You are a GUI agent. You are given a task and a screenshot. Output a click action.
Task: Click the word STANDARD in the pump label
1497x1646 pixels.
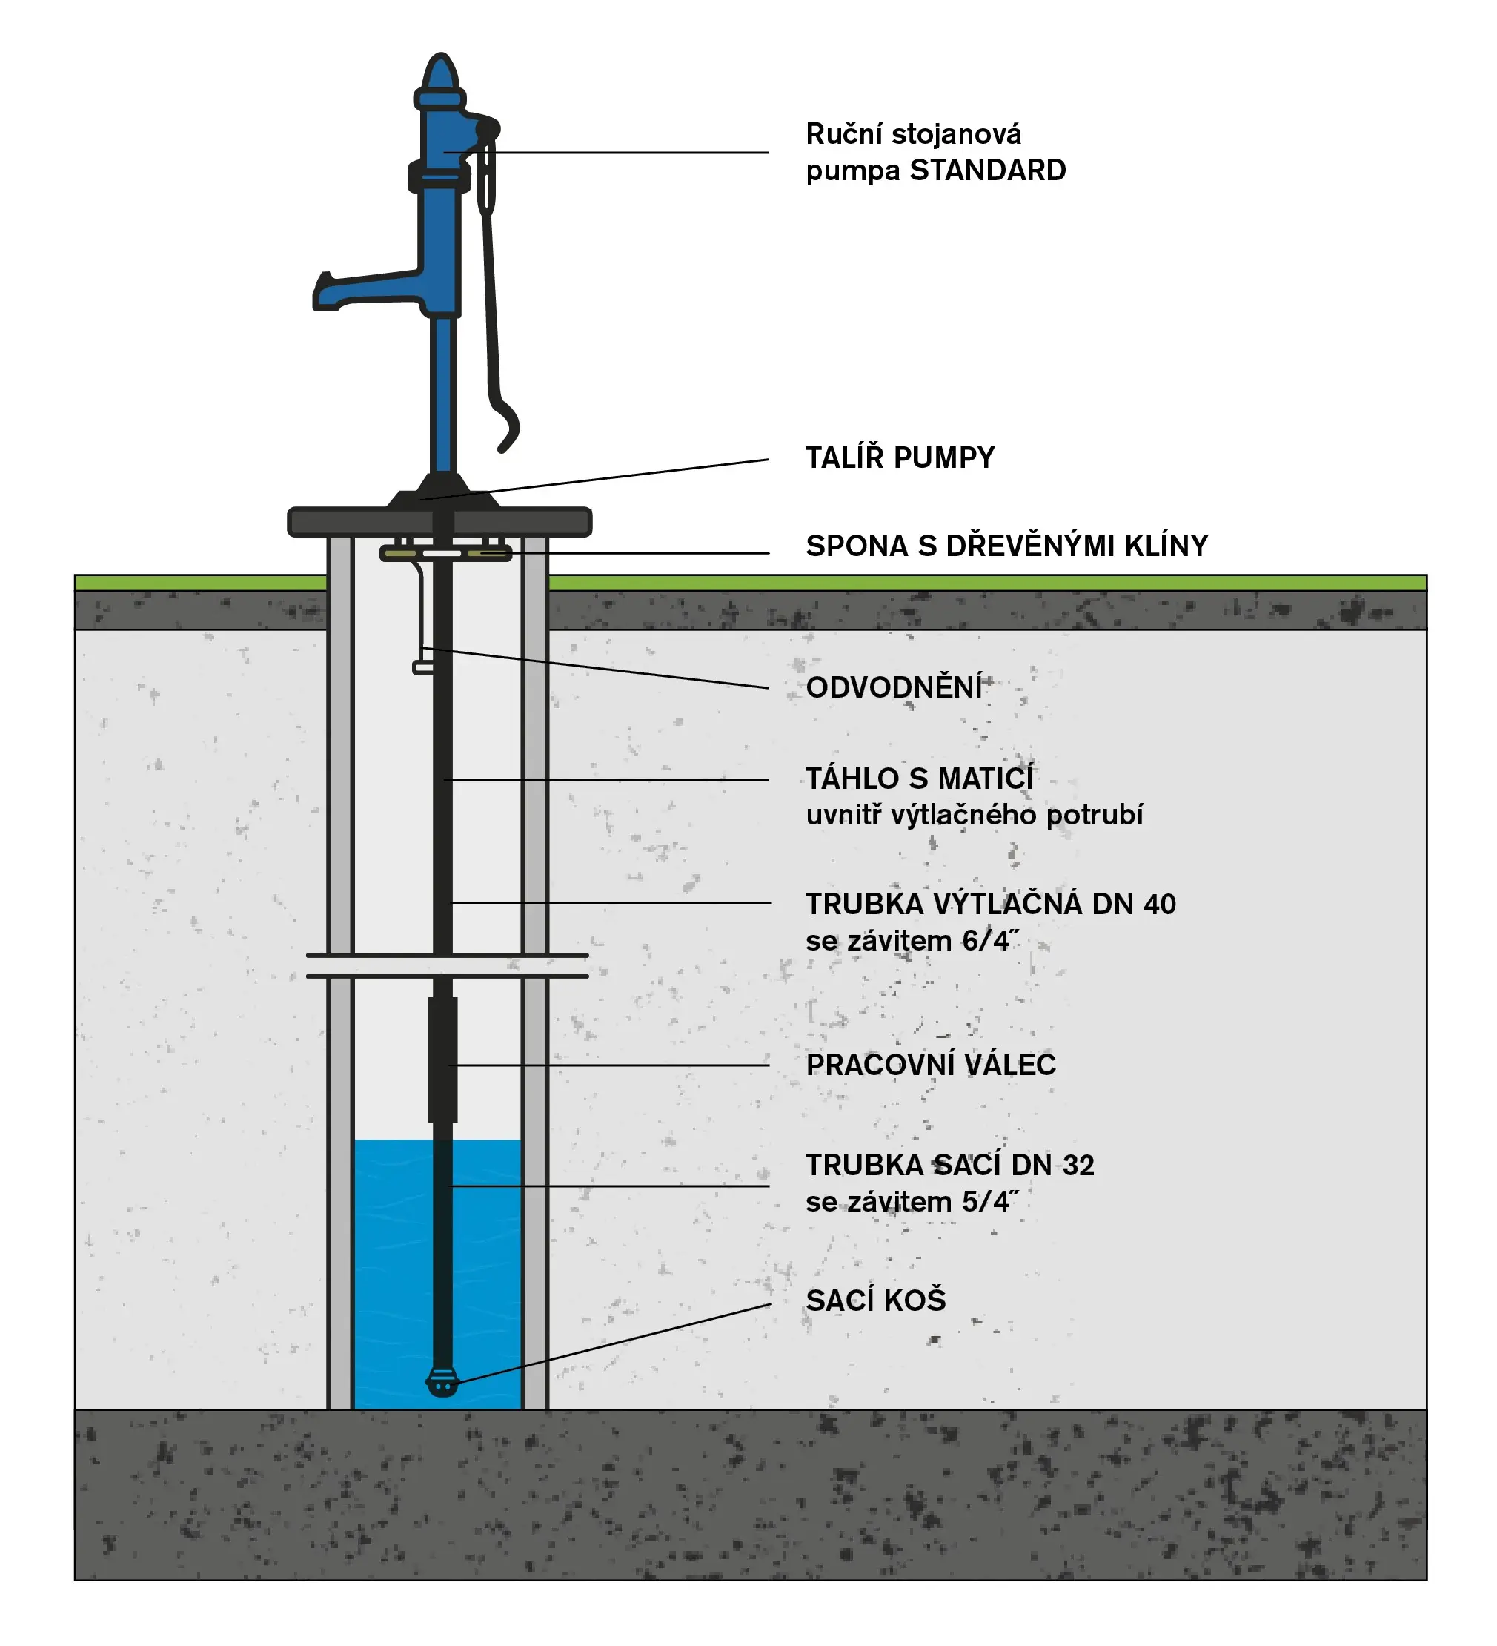(x=987, y=171)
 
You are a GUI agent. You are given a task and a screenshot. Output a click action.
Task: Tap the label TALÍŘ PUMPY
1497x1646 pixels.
(x=900, y=458)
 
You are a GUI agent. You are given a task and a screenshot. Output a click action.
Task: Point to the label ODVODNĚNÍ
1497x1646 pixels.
(x=894, y=688)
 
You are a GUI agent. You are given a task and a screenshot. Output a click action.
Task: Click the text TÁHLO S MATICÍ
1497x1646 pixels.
(x=919, y=779)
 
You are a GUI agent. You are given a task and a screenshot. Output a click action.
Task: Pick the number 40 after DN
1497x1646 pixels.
(x=1159, y=905)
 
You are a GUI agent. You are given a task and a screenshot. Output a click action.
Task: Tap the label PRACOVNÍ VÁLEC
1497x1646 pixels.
(x=931, y=1065)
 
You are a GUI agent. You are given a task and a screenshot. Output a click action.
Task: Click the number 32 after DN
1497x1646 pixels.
(x=1078, y=1166)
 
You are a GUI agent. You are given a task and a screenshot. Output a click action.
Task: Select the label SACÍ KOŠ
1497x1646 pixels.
(x=876, y=1300)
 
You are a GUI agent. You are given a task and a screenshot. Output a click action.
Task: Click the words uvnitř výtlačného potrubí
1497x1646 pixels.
(x=974, y=816)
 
